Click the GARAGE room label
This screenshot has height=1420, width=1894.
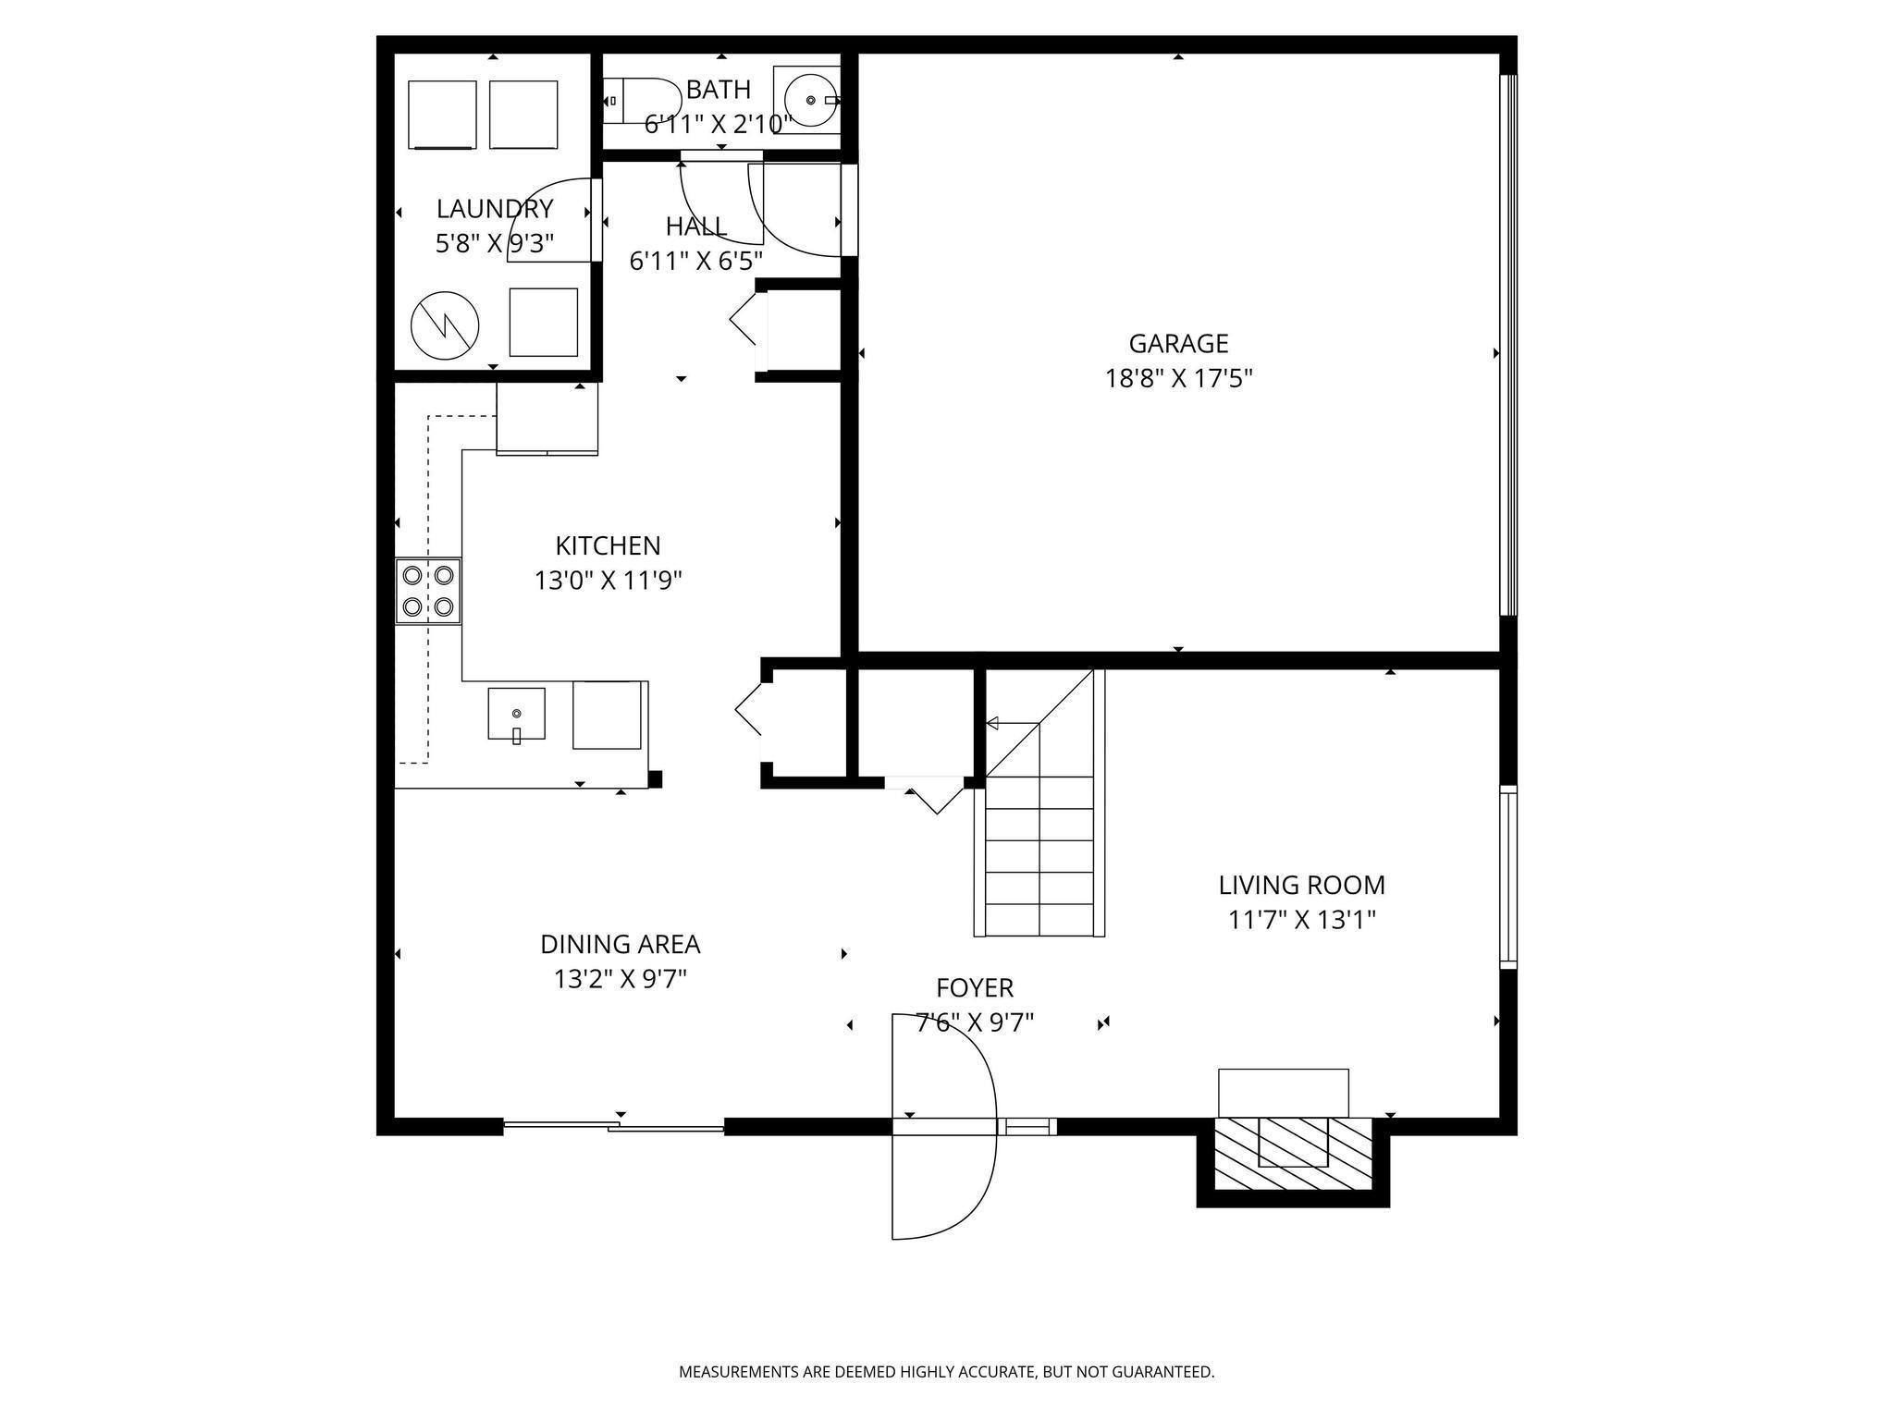pyautogui.click(x=1178, y=344)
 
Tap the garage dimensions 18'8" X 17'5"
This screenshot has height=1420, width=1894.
pyautogui.click(x=1179, y=379)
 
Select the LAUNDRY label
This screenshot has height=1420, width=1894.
pyautogui.click(x=495, y=209)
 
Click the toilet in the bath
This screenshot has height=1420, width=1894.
pyautogui.click(x=642, y=101)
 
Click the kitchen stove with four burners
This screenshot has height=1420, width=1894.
pyautogui.click(x=428, y=591)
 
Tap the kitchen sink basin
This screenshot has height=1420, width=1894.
pyautogui.click(x=516, y=714)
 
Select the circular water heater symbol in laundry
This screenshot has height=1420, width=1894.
pyautogui.click(x=445, y=326)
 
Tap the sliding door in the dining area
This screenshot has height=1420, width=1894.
pyautogui.click(x=614, y=1126)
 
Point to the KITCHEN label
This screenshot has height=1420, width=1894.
pyautogui.click(x=608, y=545)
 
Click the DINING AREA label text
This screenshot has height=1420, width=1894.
pyautogui.click(x=621, y=945)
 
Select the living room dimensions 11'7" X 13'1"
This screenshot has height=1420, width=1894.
pyautogui.click(x=1302, y=921)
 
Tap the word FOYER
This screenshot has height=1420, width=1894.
pyautogui.click(x=975, y=988)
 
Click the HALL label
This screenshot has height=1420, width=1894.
pyautogui.click(x=696, y=226)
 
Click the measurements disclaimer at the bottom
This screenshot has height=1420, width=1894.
pyautogui.click(x=947, y=1372)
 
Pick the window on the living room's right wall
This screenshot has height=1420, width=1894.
pyautogui.click(x=1508, y=876)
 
